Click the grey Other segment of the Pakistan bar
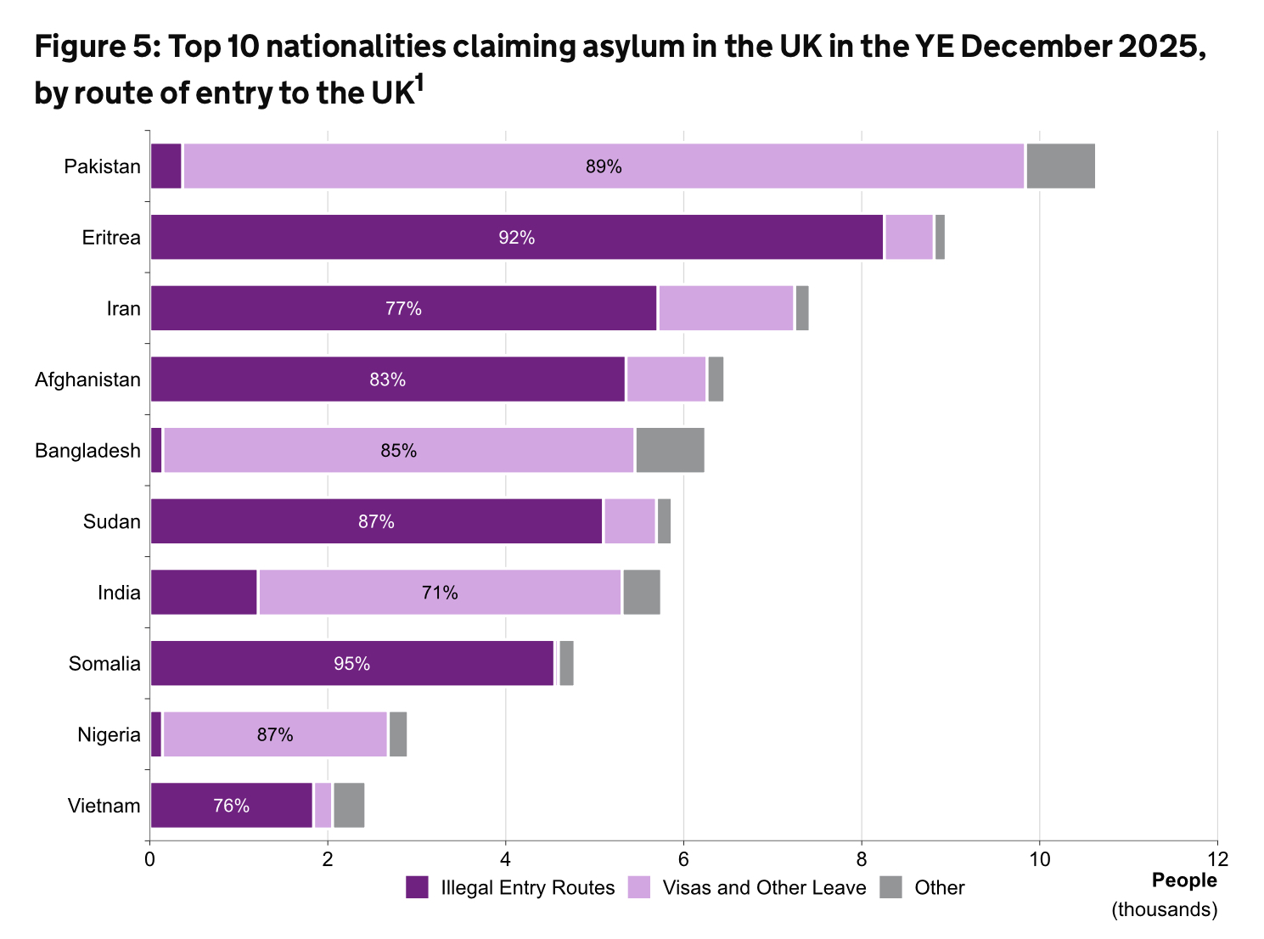pyautogui.click(x=1060, y=166)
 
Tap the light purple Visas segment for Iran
pyautogui.click(x=726, y=308)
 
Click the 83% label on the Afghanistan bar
pyautogui.click(x=387, y=380)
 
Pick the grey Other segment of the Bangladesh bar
pyautogui.click(x=670, y=450)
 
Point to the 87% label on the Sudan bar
pyautogui.click(x=376, y=521)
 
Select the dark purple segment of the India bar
pyautogui.click(x=204, y=592)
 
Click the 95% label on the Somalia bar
pyautogui.click(x=351, y=663)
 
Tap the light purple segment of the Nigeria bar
pyautogui.click(x=275, y=734)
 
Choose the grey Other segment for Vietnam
pyautogui.click(x=349, y=805)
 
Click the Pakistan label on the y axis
pyautogui.click(x=102, y=166)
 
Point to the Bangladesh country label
pyautogui.click(x=87, y=451)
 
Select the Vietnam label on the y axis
pyautogui.click(x=104, y=806)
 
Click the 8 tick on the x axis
pyautogui.click(x=862, y=858)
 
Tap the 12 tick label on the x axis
pyautogui.click(x=1217, y=858)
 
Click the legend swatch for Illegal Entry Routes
pyautogui.click(x=418, y=888)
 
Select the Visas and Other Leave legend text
pyautogui.click(x=764, y=888)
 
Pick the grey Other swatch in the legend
pyautogui.click(x=890, y=888)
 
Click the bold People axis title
pyautogui.click(x=1183, y=880)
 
